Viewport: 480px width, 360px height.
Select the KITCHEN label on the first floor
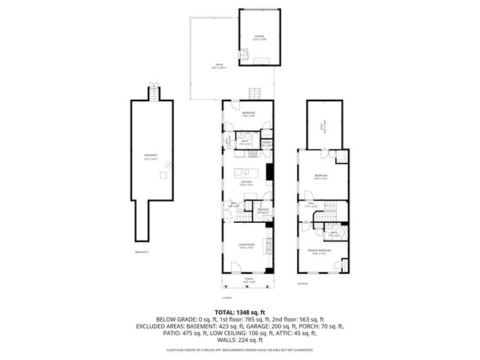coord(246,181)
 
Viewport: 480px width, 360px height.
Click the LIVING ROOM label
coord(247,244)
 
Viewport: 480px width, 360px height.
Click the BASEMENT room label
coord(151,155)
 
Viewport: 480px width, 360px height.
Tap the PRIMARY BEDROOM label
coord(320,250)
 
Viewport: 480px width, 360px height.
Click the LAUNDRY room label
coord(262,211)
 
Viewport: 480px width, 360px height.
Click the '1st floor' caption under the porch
coord(247,297)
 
